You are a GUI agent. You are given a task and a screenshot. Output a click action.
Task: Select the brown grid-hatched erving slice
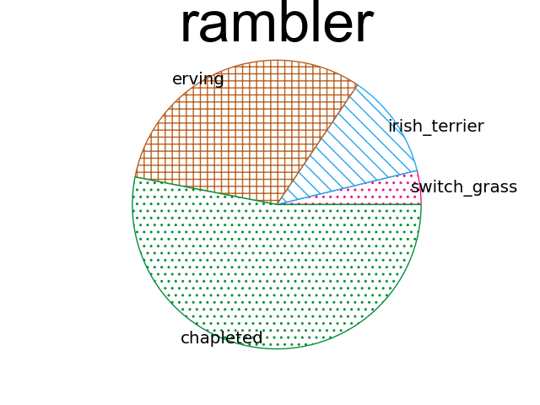click(236, 127)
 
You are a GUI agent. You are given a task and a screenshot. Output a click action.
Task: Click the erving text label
click(198, 79)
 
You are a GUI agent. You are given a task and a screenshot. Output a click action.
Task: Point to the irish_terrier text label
click(435, 127)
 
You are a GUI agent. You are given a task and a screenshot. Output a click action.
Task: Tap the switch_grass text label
click(464, 187)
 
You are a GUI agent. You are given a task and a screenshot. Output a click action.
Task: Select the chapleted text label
click(222, 338)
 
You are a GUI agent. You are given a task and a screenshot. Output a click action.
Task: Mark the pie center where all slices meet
click(277, 204)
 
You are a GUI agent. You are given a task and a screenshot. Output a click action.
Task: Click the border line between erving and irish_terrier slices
click(317, 144)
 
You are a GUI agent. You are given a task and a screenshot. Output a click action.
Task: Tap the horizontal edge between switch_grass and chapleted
click(349, 204)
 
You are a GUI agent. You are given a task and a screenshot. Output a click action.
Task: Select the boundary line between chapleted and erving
click(206, 191)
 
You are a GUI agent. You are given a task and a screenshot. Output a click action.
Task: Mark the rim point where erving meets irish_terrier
click(358, 84)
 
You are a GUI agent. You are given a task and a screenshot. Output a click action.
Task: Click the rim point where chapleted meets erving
click(135, 176)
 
